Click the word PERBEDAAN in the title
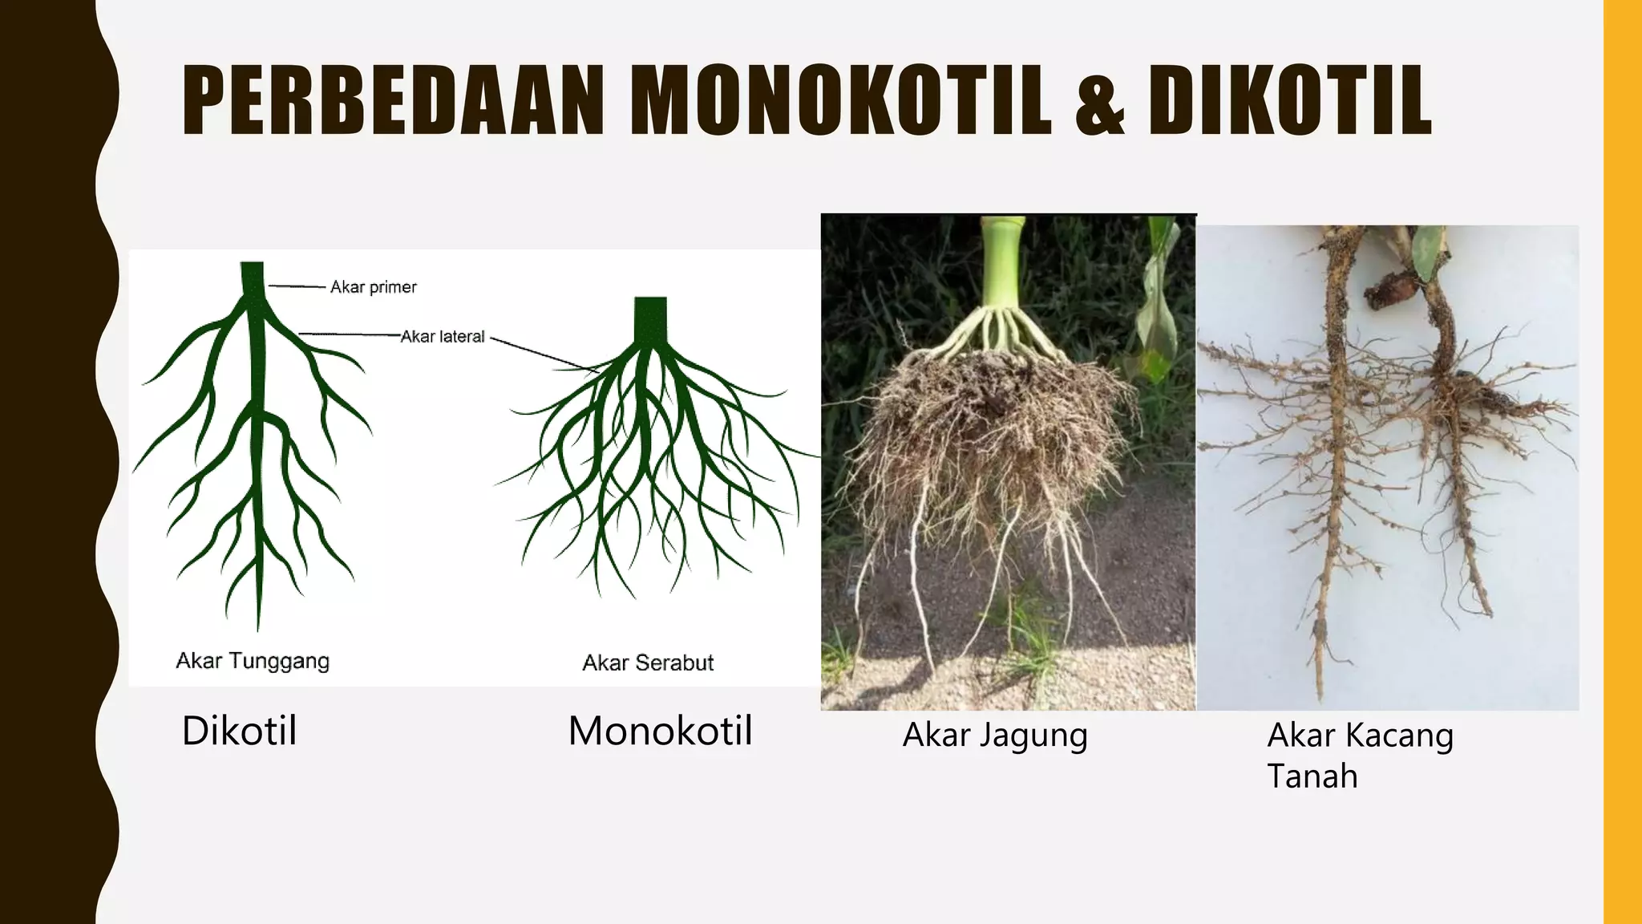click(393, 100)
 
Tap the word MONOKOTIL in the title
click(840, 100)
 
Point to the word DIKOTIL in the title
click(1289, 100)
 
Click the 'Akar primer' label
click(374, 287)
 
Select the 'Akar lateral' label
click(443, 337)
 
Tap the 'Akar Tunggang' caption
click(253, 661)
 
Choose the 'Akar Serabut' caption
click(648, 663)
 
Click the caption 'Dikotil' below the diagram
click(239, 731)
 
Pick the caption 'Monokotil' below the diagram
click(660, 731)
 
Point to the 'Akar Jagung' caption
click(995, 735)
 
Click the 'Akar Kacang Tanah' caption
click(1360, 755)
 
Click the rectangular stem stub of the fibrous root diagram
click(650, 319)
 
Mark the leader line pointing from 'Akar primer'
click(297, 286)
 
